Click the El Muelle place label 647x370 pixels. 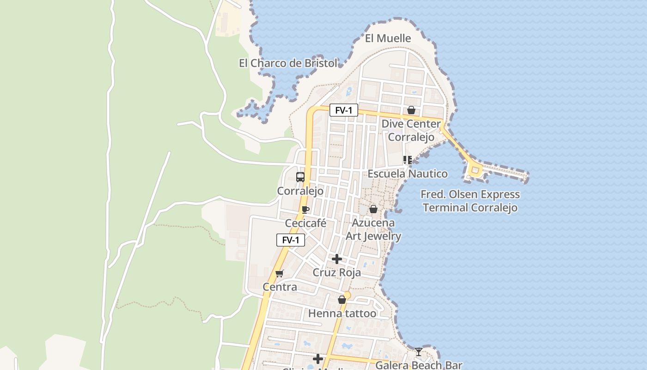[x=388, y=38]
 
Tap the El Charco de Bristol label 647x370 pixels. [x=288, y=63]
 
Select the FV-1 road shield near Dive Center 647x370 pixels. [x=343, y=110]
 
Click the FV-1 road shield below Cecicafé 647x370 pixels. [x=291, y=240]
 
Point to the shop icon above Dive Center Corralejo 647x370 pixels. [x=411, y=110]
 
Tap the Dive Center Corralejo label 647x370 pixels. [x=411, y=130]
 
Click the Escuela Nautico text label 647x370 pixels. [x=407, y=174]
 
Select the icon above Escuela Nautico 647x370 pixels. [x=407, y=160]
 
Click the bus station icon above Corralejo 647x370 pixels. [x=300, y=177]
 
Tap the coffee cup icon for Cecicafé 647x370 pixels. [x=305, y=210]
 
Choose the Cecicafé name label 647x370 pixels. [x=305, y=223]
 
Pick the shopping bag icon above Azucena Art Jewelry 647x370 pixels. [x=373, y=209]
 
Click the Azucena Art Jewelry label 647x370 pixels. [x=373, y=229]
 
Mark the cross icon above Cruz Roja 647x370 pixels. [x=337, y=259]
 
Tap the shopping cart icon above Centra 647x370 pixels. [x=279, y=273]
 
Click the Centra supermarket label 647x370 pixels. [x=280, y=287]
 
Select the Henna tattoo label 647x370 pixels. [x=342, y=314]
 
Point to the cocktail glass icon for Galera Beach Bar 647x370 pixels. [x=418, y=352]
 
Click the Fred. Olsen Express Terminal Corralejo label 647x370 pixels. [x=470, y=201]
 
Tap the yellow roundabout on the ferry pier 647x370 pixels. [x=475, y=171]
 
